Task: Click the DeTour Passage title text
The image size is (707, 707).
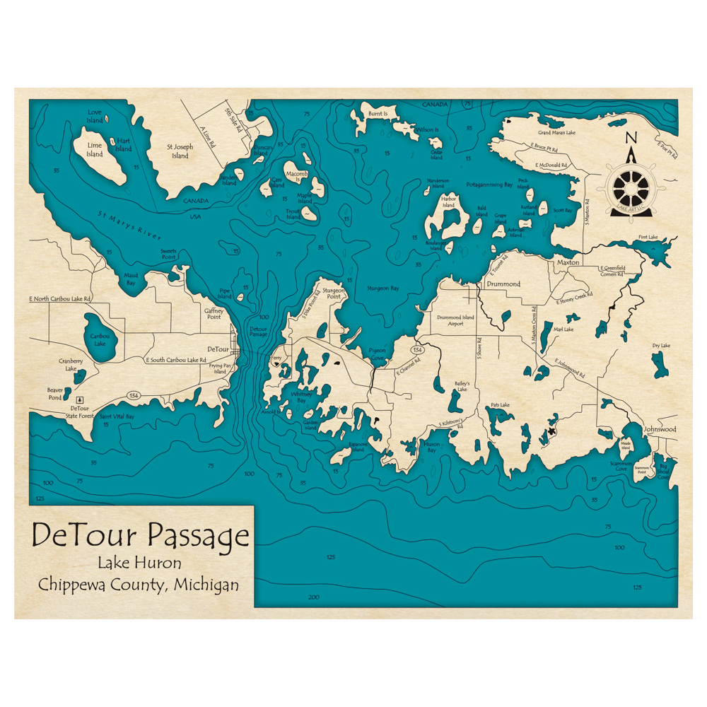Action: (x=141, y=535)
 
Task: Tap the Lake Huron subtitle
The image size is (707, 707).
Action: (x=140, y=563)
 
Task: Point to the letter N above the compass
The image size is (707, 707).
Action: (x=631, y=138)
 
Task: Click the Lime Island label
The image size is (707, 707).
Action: (x=94, y=149)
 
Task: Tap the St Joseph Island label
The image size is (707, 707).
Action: (x=180, y=151)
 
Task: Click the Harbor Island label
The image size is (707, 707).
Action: (x=448, y=202)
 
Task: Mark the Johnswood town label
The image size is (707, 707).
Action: (x=659, y=429)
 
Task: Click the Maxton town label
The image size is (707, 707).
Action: (x=568, y=262)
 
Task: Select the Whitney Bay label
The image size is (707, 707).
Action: (x=300, y=397)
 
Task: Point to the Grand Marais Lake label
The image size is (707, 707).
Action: (x=556, y=132)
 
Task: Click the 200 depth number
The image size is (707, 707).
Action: (x=314, y=597)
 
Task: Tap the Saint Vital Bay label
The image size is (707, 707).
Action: (x=117, y=416)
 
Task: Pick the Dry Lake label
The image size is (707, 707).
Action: (x=661, y=346)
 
